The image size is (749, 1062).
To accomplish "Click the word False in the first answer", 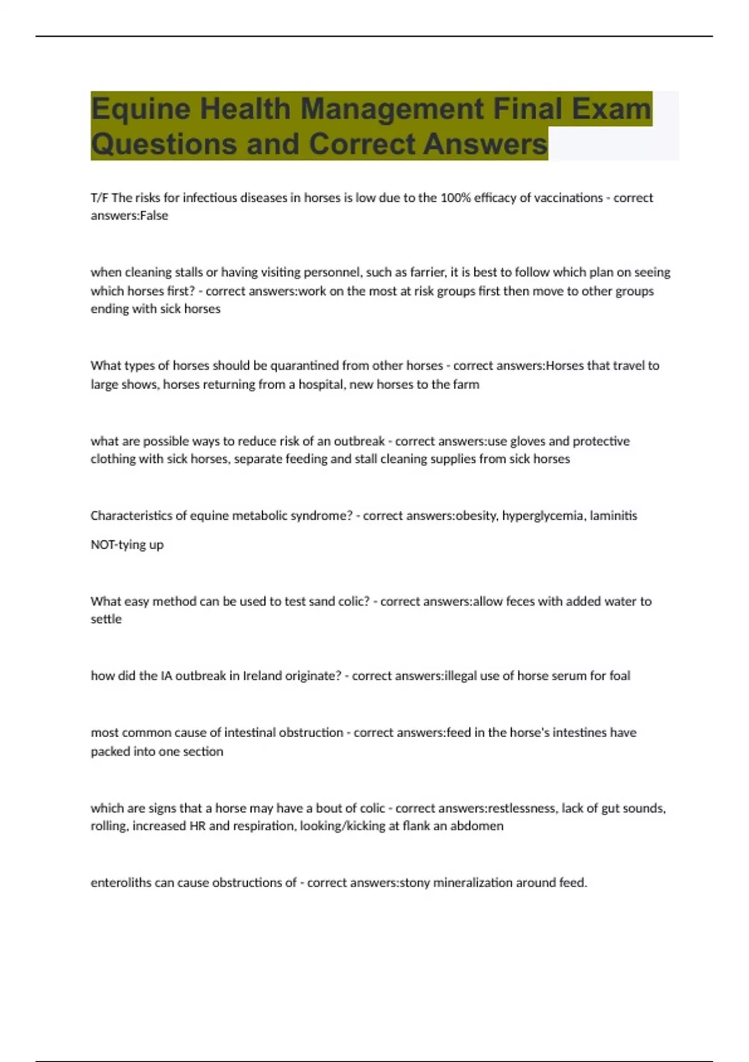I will click(154, 216).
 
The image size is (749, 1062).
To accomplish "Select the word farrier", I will click(426, 272).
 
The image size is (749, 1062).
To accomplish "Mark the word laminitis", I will click(612, 516).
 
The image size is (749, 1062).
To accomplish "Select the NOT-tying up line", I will click(127, 545).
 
